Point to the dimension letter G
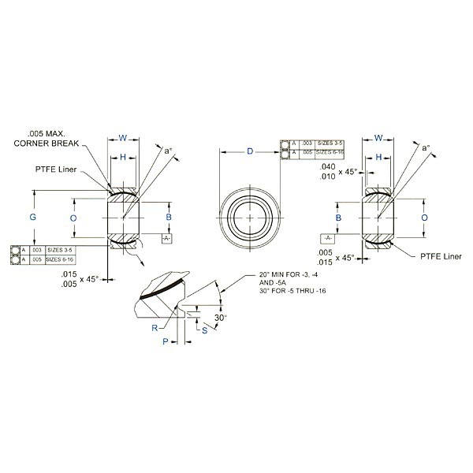(x=33, y=216)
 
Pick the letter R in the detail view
(x=155, y=326)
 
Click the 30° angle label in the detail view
(x=221, y=317)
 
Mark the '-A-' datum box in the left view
(x=166, y=237)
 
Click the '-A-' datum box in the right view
(x=328, y=238)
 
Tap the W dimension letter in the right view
(x=378, y=138)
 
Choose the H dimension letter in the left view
(x=123, y=158)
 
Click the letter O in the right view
(x=424, y=216)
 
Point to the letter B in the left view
(x=168, y=216)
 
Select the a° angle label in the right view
(x=426, y=147)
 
